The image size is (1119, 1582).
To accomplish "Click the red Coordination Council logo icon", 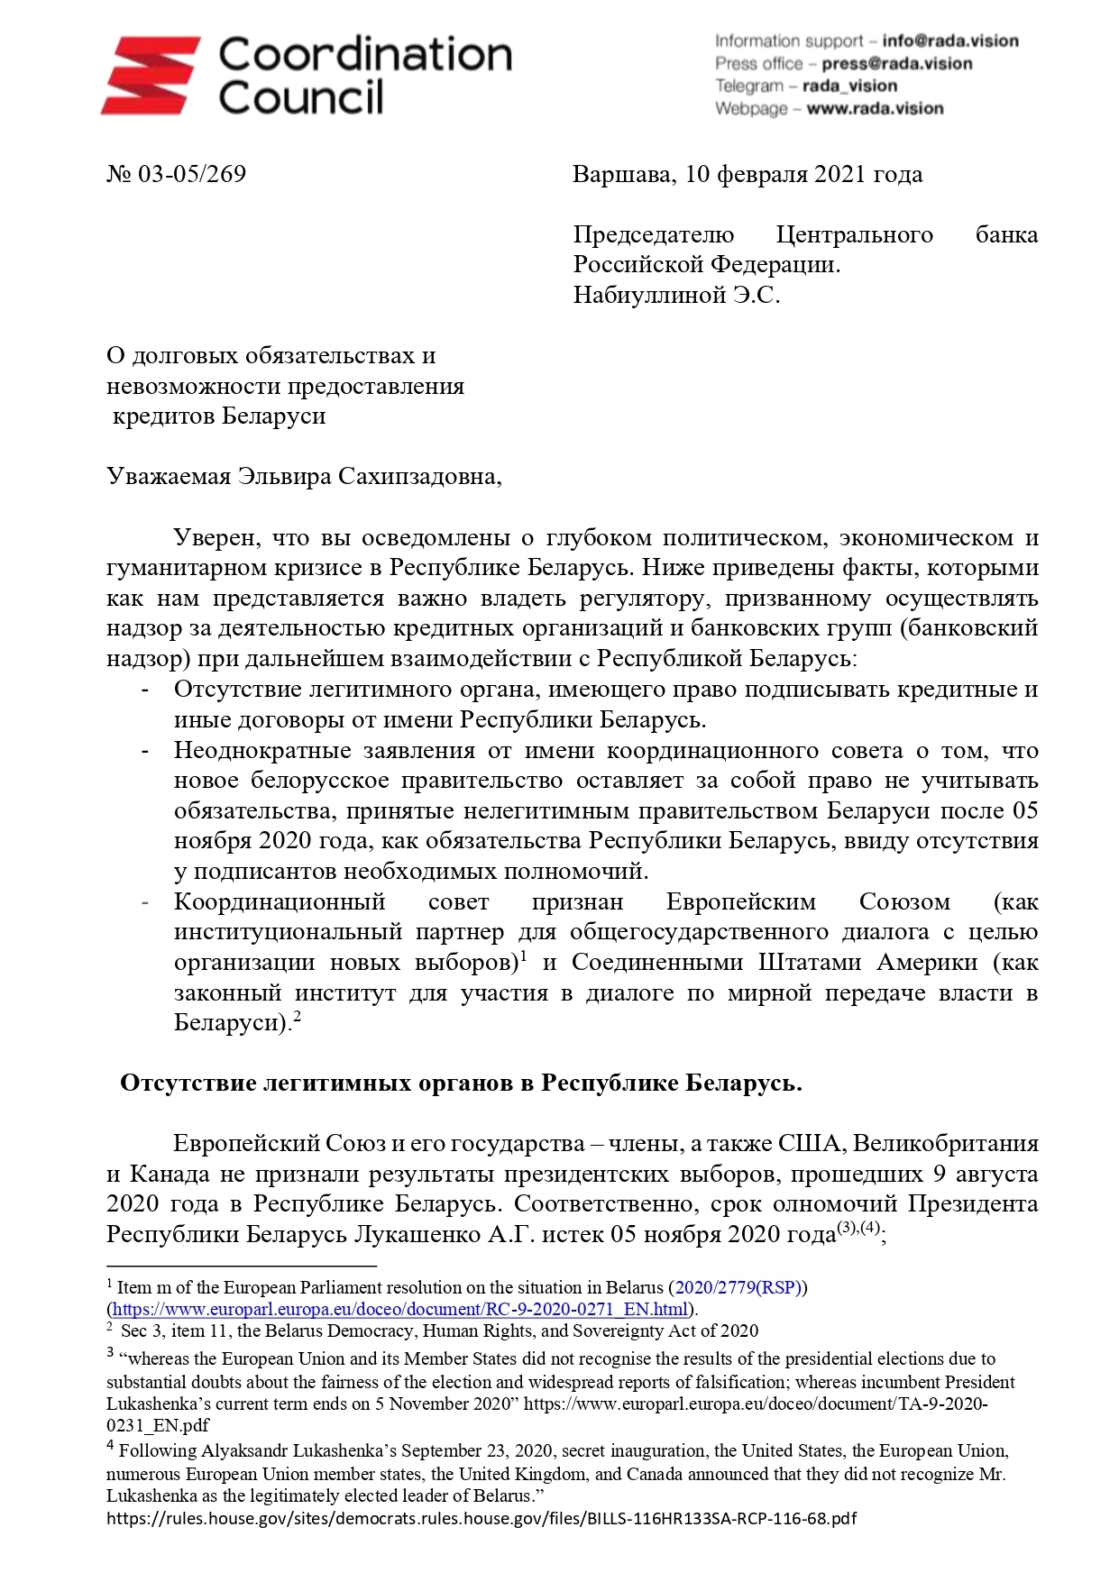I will coord(150,76).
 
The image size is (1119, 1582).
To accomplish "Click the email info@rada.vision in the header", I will coord(949,41).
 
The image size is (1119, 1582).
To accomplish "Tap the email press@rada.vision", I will coord(896,63).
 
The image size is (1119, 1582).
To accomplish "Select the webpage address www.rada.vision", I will coord(874,108).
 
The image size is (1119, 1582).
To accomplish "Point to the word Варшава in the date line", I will coord(623,174).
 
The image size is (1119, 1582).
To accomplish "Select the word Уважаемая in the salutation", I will coord(169,476).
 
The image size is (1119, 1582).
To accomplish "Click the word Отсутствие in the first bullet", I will coord(237,690).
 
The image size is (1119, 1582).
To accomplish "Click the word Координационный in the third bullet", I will coord(280,901).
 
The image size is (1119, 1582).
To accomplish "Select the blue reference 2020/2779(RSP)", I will coord(738,1287).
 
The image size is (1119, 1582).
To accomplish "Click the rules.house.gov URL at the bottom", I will coord(482,1518).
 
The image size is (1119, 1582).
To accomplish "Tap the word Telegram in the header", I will coord(748,86).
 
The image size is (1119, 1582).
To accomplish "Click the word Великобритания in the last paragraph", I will coord(945,1143).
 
